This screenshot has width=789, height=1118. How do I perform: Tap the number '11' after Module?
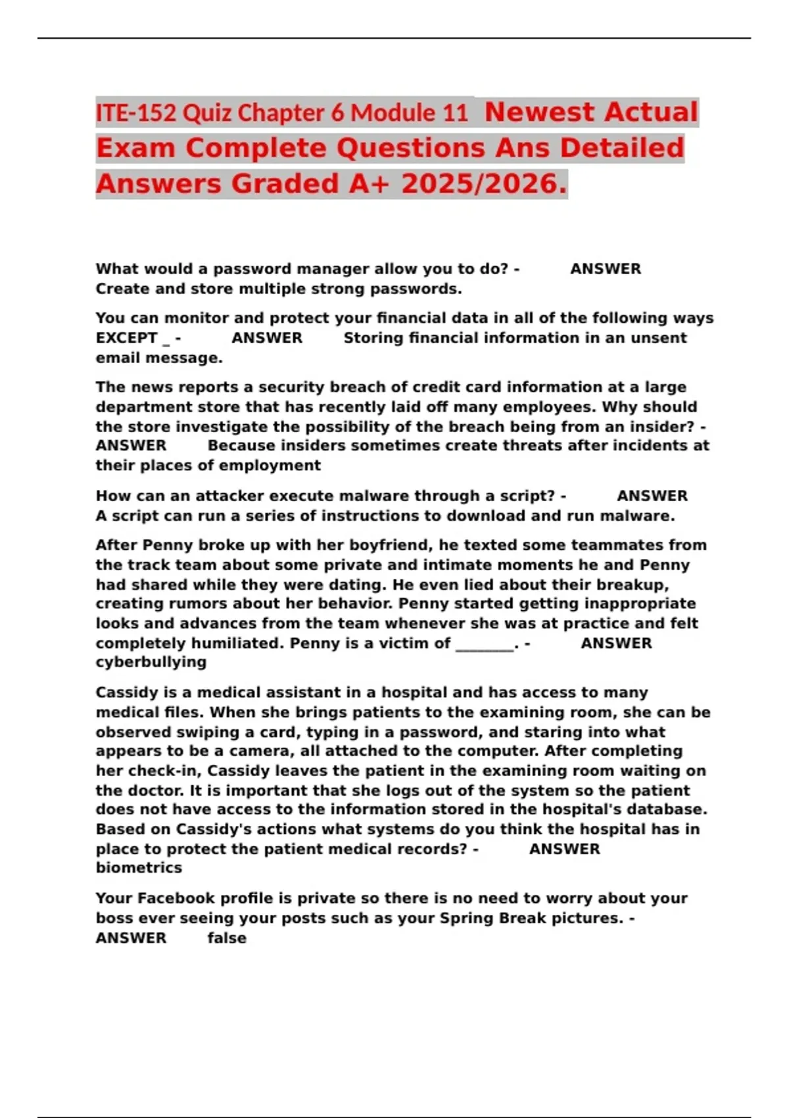point(455,114)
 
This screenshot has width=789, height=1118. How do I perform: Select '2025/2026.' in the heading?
point(483,184)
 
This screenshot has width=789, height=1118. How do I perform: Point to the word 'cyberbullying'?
point(151,662)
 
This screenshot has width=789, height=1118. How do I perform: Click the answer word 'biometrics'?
point(139,868)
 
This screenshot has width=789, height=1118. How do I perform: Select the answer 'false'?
point(227,938)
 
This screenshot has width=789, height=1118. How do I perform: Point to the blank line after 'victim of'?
point(485,643)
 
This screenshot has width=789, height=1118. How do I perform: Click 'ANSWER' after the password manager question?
point(605,269)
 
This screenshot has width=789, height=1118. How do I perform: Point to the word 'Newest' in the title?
point(536,112)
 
